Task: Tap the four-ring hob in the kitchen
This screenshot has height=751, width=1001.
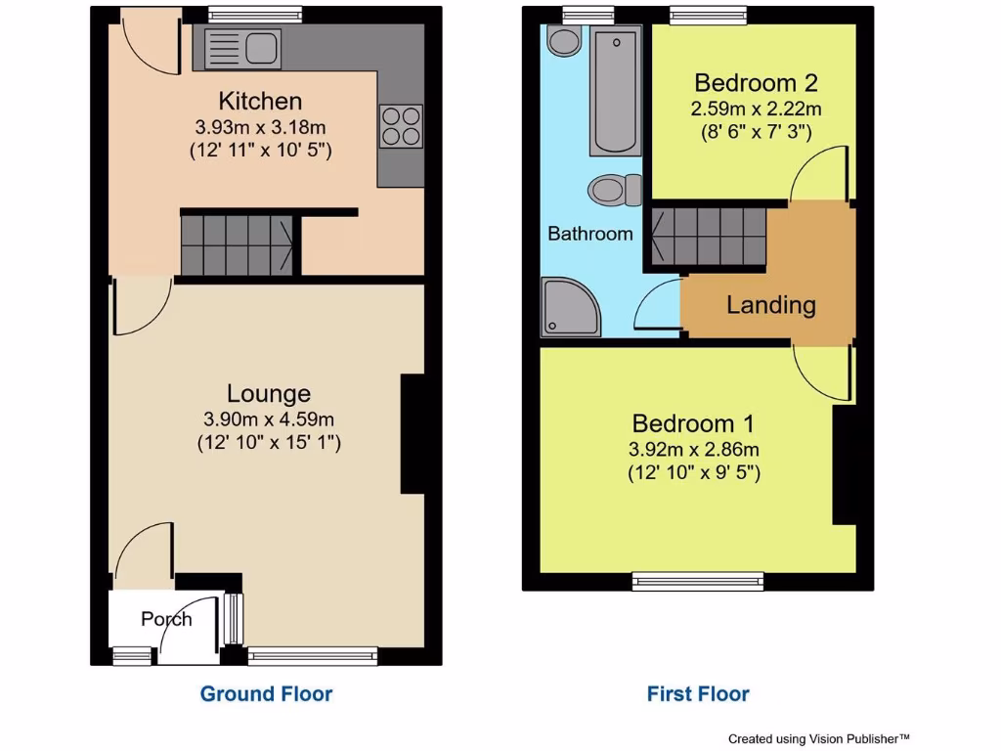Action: point(401,126)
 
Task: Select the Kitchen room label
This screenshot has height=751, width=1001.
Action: point(260,101)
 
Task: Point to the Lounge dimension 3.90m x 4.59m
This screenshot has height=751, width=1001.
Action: point(269,419)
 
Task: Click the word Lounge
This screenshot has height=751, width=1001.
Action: point(269,393)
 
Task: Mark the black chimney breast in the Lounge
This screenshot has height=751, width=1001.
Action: point(413,434)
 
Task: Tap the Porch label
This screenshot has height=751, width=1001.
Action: point(166,619)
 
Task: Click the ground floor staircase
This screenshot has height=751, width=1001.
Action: point(238,243)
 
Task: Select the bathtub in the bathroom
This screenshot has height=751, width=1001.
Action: point(615,90)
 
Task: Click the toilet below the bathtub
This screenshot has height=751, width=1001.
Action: point(616,189)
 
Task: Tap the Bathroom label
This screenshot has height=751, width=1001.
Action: point(590,234)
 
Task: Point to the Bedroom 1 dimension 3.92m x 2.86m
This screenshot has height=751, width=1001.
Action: point(693,450)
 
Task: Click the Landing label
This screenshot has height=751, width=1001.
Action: point(770,305)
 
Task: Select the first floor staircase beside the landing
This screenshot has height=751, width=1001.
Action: point(707,235)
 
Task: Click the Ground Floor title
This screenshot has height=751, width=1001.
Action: point(266,694)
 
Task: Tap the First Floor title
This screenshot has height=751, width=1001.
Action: point(698,694)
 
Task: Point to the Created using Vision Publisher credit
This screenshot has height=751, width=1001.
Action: point(819,739)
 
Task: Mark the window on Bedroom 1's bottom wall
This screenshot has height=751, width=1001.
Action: point(698,582)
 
